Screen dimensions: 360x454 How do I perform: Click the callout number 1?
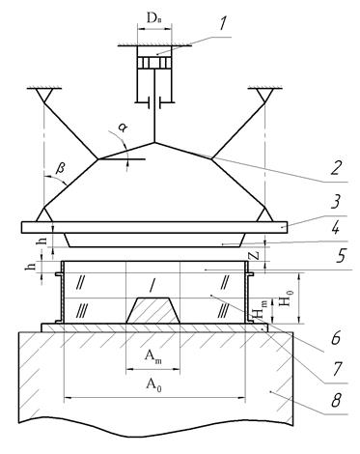point(223,23)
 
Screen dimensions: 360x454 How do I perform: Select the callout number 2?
point(336,167)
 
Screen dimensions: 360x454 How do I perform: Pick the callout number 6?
point(335,338)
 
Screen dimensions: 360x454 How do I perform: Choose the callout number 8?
point(337,400)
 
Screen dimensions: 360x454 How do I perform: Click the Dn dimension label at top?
point(153,19)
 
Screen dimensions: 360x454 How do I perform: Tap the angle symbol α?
point(123,128)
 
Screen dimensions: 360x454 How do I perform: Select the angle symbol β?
point(61,169)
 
